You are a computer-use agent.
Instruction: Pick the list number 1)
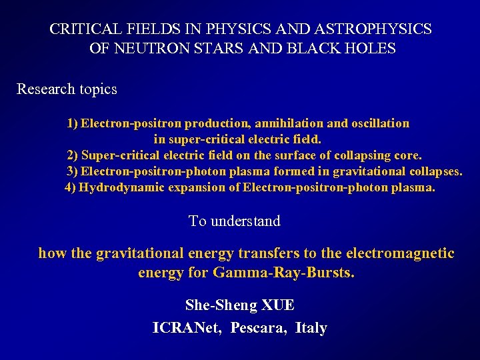(x=73, y=123)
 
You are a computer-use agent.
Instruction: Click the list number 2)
(x=73, y=155)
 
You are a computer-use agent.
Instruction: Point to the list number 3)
(x=73, y=171)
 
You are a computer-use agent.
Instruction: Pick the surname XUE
(x=278, y=305)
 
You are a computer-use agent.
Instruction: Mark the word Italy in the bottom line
(x=311, y=328)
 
